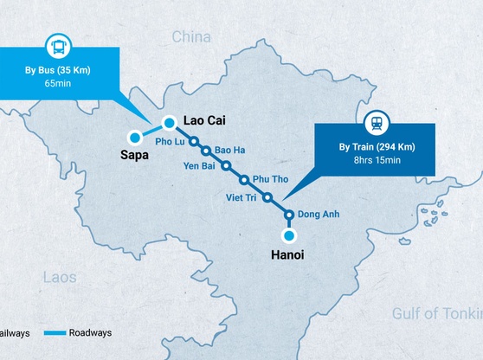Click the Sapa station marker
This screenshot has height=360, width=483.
(135, 137)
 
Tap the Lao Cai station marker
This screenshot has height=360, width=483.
(171, 122)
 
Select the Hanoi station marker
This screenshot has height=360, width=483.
(289, 235)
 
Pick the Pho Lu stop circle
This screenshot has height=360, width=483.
(195, 140)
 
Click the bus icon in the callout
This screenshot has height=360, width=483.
(58, 48)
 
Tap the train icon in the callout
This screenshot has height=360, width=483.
(377, 122)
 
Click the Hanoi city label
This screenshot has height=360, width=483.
(287, 255)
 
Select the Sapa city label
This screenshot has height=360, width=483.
(136, 156)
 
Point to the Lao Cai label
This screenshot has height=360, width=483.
(204, 122)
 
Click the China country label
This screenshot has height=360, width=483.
(192, 36)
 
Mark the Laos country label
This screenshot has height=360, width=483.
(60, 278)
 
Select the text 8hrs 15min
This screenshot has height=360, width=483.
(376, 160)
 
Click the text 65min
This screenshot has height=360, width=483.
(57, 84)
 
